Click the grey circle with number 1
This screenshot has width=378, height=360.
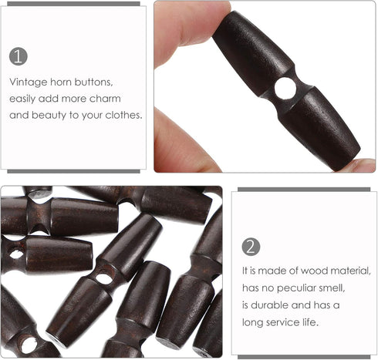point(19,56)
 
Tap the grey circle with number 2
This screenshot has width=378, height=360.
point(251,247)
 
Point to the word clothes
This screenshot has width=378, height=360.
point(125,115)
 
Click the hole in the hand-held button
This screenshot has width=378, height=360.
point(285,89)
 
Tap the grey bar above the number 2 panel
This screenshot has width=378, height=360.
point(305,189)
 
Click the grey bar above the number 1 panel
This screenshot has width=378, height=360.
point(73,3)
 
